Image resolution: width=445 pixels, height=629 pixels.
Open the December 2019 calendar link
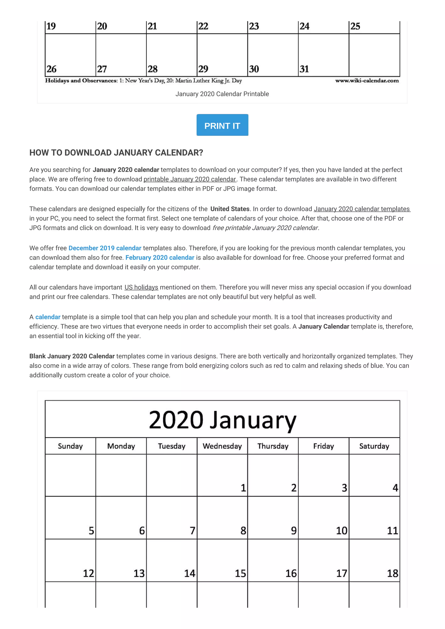[x=105, y=248]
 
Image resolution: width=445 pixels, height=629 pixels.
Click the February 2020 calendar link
[x=160, y=258]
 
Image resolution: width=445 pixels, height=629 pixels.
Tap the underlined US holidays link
[x=141, y=287]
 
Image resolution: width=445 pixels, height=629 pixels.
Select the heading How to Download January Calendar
[x=116, y=153]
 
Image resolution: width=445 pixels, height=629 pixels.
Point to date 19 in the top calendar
[x=51, y=26]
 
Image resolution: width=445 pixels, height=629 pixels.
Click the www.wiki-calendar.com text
[x=367, y=81]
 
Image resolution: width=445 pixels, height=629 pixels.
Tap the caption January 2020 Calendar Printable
[x=222, y=94]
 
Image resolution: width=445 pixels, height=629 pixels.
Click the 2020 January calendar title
[x=222, y=420]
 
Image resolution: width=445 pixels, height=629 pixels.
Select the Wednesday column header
[x=222, y=446]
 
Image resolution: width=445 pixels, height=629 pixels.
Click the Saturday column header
[x=374, y=446]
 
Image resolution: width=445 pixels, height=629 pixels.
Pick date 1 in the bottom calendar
[x=243, y=488]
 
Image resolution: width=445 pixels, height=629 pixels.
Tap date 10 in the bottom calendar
[x=342, y=531]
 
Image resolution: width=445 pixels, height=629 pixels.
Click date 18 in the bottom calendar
[x=392, y=573]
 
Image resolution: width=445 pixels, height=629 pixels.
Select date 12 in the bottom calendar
[x=88, y=573]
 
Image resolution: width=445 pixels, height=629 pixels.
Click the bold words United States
[x=230, y=209]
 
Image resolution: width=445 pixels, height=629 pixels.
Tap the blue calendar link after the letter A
[x=48, y=317]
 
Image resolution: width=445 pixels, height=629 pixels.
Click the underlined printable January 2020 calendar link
[x=189, y=179]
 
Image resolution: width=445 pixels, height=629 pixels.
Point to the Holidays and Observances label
[x=81, y=81]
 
